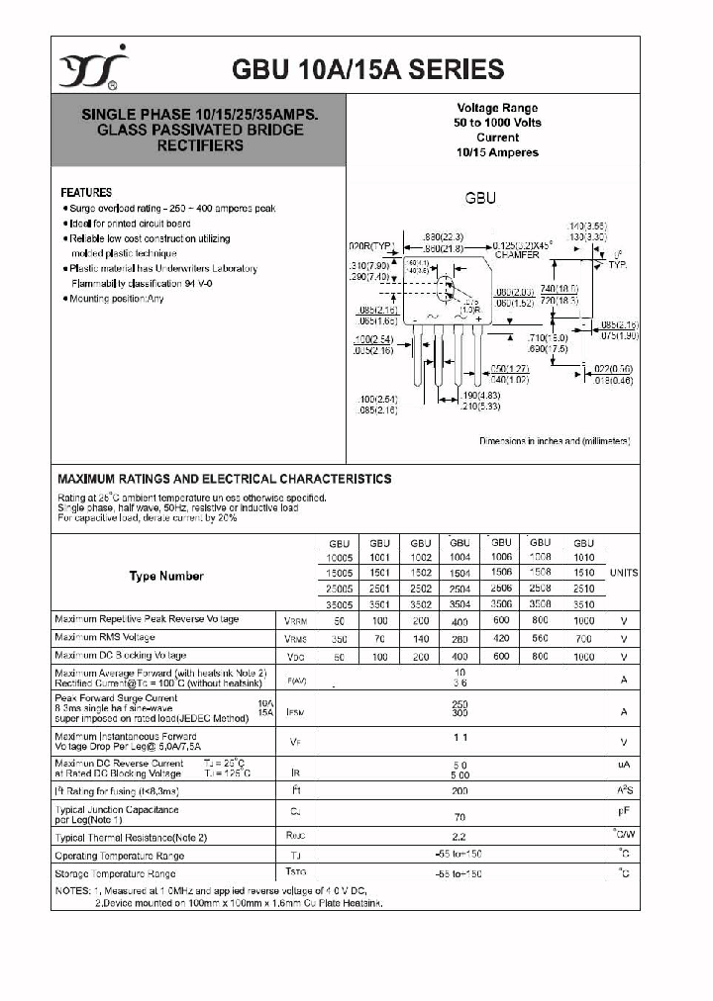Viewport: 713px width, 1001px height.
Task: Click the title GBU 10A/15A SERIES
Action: [367, 69]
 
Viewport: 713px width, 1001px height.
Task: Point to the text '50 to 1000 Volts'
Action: [498, 123]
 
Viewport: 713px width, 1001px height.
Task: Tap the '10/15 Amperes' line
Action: [498, 152]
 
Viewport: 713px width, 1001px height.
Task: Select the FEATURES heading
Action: [86, 193]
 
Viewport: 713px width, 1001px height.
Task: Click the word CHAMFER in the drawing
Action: [517, 254]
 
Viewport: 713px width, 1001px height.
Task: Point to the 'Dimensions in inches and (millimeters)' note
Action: [555, 441]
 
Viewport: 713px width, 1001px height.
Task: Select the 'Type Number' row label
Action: [166, 576]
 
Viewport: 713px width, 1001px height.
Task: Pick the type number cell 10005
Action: [340, 558]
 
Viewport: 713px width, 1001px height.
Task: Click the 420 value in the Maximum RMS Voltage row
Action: [501, 638]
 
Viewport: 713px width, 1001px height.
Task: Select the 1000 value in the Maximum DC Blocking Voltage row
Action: [584, 656]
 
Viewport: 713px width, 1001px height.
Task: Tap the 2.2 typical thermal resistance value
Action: [459, 837]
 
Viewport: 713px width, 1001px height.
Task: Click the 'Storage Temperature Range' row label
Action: [115, 873]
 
